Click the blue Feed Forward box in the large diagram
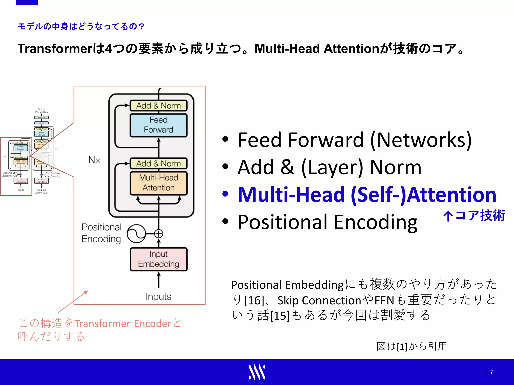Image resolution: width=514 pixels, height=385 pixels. pos(158,125)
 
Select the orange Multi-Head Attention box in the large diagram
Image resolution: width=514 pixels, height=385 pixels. pos(158,183)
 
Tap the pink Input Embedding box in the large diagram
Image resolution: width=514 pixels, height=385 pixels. pos(158,259)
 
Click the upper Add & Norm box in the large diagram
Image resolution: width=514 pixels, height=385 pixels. pos(158,106)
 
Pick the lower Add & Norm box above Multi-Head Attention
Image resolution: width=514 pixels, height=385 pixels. pos(158,164)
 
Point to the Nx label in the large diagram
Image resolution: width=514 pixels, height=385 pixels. pos(94,160)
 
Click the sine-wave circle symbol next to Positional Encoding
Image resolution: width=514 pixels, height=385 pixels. pos(136,234)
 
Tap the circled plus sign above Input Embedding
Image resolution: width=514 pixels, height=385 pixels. pos(158,234)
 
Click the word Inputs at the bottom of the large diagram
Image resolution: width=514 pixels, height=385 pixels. pos(158,297)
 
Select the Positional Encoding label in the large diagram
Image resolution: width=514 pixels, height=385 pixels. pos(101,233)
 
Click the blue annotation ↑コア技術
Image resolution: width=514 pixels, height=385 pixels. pos(474,216)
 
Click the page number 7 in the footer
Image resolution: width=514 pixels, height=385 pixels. pos(491,372)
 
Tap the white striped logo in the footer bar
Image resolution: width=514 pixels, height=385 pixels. pos(257,372)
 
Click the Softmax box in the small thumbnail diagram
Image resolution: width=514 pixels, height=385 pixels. pos(41,117)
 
